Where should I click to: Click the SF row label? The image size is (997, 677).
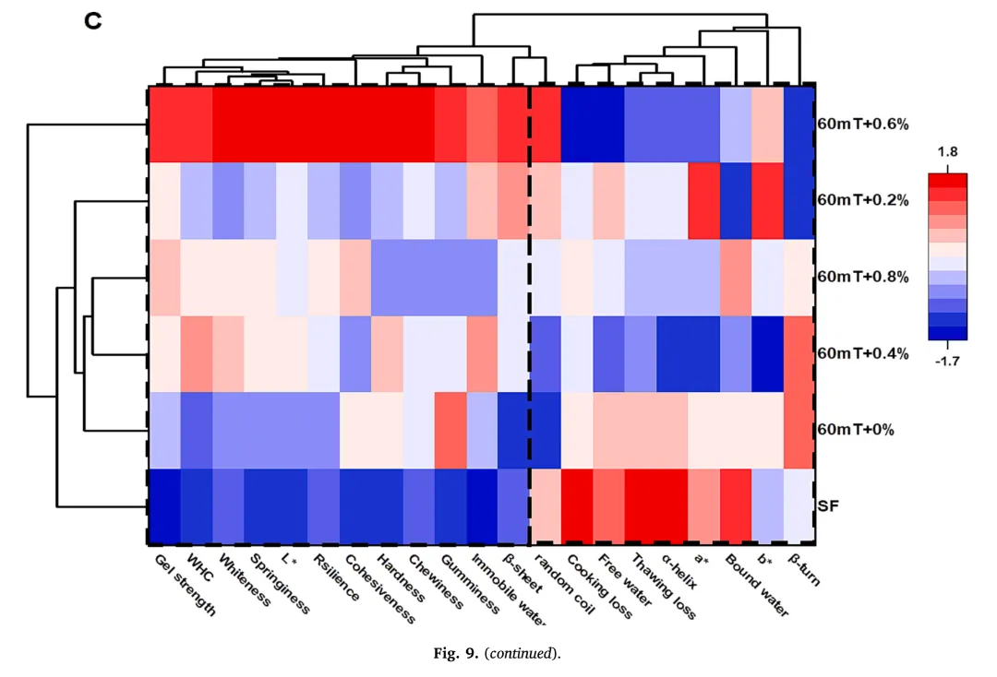828,506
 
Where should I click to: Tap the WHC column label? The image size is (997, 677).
200,564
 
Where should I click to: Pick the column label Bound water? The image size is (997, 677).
756,585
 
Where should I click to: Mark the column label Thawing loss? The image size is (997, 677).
662,586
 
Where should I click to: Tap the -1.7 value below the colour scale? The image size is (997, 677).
949,362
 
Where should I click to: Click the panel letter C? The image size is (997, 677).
92,22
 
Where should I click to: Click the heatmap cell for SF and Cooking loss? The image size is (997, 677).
578,506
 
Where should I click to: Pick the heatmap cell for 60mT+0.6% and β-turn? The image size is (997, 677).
799,124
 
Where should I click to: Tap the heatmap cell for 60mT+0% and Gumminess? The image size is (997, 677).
450,430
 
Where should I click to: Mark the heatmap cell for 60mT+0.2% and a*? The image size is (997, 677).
703,199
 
